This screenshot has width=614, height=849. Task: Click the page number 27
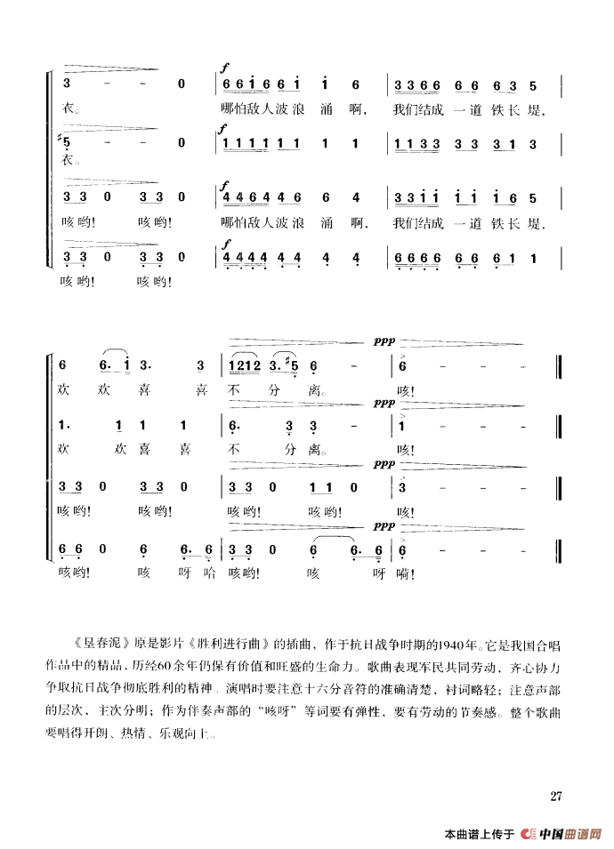click(558, 794)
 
